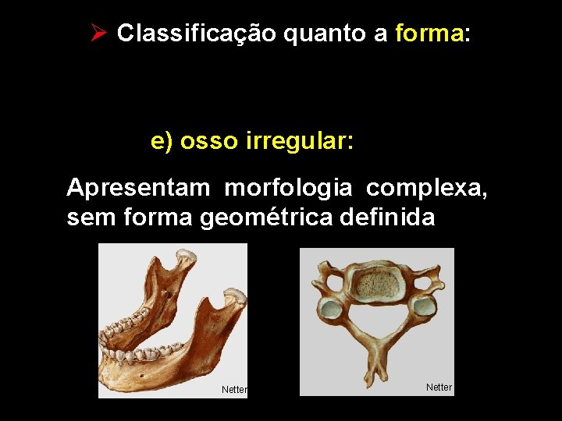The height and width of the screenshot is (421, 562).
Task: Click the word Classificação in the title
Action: [195, 34]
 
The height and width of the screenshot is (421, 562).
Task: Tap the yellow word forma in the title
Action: [429, 34]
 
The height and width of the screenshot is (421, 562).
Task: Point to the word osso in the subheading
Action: [209, 141]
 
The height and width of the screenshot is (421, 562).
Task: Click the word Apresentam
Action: [139, 188]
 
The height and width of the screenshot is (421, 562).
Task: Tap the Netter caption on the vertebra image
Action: [439, 387]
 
